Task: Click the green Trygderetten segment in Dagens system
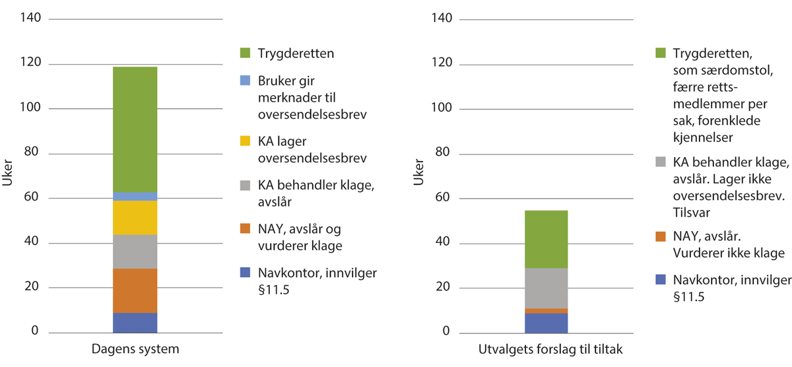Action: tap(135, 129)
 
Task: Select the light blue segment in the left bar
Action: tap(135, 196)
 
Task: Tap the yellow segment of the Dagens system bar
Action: tap(135, 217)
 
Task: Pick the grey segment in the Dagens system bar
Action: tap(135, 251)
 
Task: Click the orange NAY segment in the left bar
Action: tap(135, 290)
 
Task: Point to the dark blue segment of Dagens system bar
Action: tap(135, 322)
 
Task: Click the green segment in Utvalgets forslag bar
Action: tap(545, 239)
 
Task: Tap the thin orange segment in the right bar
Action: tap(545, 311)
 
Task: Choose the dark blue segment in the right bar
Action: tap(545, 323)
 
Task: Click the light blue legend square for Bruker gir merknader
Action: tap(246, 81)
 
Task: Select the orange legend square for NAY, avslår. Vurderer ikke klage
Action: tap(660, 236)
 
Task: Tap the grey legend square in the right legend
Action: tap(660, 162)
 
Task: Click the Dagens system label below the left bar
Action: tap(135, 349)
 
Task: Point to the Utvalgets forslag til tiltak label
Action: tap(545, 349)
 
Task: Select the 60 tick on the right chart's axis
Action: tap(442, 197)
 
